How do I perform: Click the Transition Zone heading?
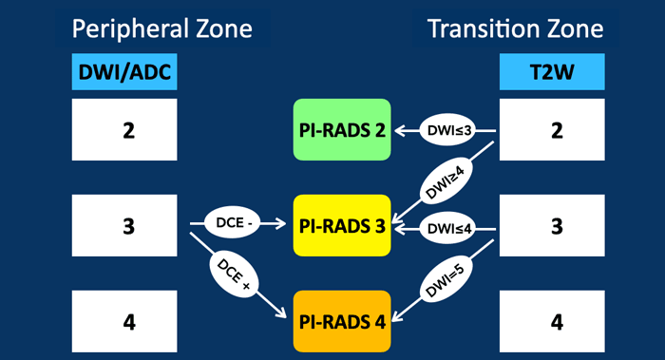click(516, 28)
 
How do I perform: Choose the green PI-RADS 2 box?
click(341, 129)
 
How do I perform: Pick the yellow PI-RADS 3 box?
click(341, 225)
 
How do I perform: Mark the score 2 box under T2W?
click(557, 129)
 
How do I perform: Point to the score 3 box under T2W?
click(557, 225)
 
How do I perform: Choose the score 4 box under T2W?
click(557, 321)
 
